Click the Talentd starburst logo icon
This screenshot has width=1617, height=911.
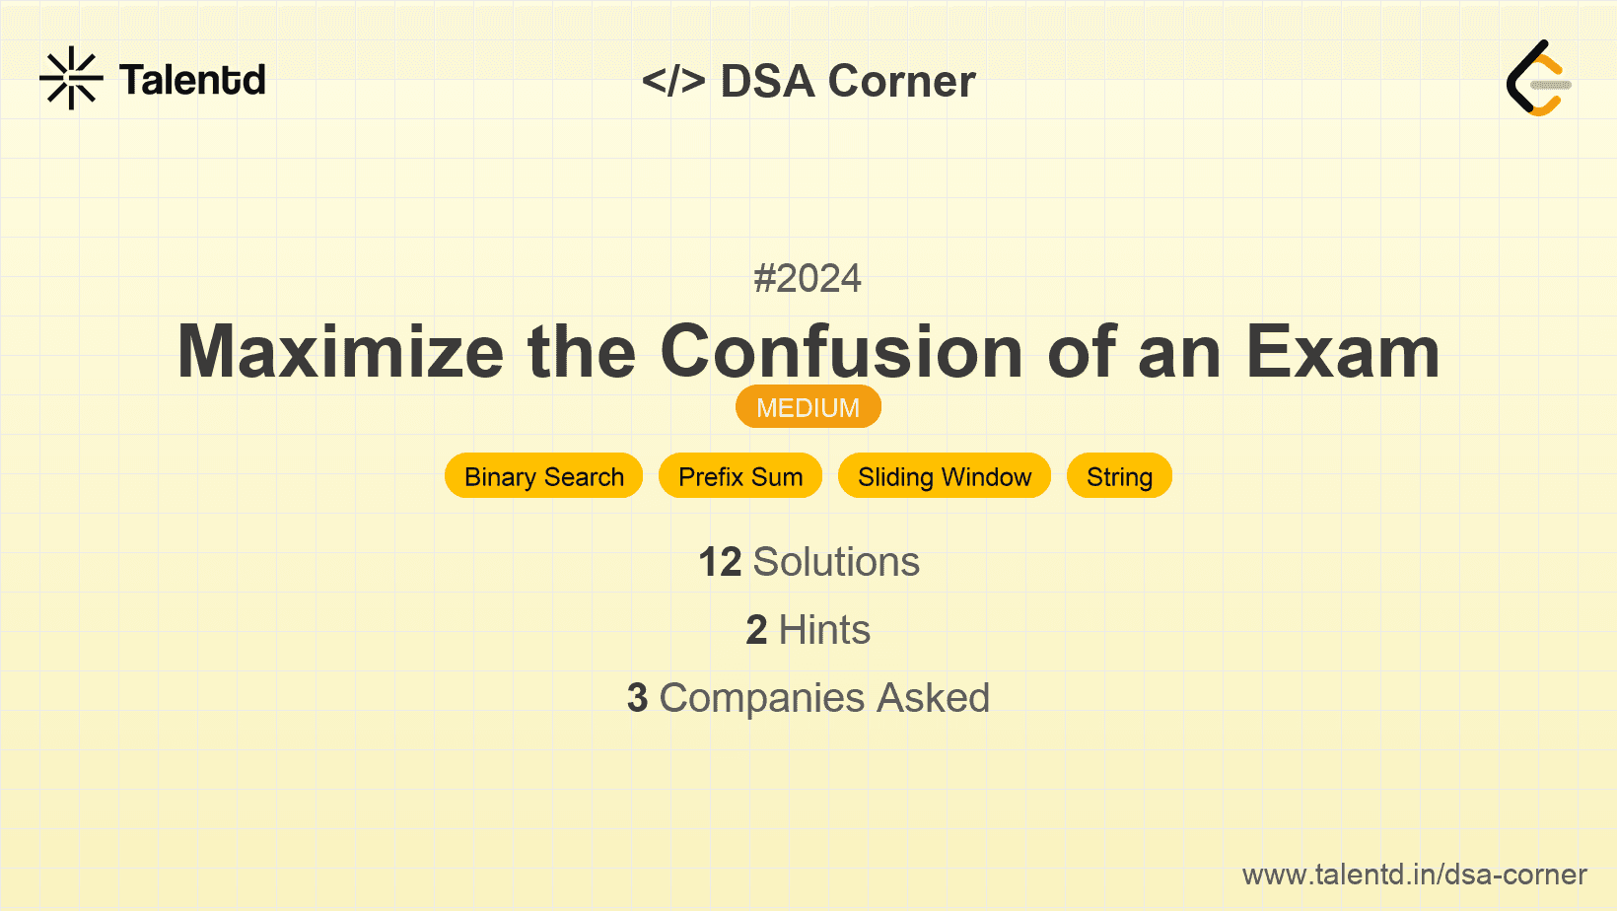71,78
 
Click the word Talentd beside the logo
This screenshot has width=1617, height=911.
192,80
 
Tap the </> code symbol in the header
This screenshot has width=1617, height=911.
673,81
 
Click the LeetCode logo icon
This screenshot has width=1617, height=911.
1539,78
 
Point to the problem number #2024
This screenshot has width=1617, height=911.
808,279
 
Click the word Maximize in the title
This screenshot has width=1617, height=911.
340,352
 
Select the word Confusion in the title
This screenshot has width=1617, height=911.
842,352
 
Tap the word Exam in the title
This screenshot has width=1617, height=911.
1344,352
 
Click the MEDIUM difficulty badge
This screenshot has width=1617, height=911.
808,407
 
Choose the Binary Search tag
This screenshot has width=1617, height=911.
543,476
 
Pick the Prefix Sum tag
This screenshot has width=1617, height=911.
740,476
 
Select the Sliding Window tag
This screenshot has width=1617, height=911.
945,476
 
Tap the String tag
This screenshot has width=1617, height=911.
1120,476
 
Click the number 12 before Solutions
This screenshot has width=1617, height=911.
720,562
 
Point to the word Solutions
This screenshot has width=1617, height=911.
836,562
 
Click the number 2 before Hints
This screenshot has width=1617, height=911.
756,629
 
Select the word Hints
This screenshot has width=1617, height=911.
824,629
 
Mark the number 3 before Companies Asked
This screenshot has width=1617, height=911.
637,698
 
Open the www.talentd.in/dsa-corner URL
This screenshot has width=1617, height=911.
1414,875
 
